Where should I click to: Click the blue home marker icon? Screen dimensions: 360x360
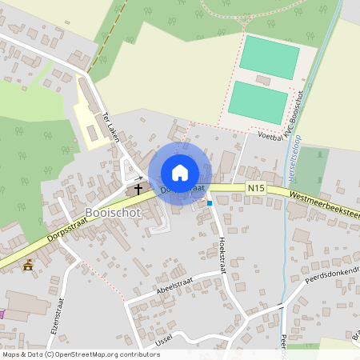180,173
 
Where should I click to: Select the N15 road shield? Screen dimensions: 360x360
255,188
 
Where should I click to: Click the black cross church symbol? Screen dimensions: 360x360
138,190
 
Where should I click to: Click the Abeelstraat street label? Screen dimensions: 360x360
177,285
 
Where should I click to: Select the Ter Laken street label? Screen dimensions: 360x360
110,127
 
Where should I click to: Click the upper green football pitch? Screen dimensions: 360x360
270,54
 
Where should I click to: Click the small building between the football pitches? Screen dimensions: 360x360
262,78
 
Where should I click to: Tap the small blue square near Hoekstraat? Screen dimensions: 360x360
210,203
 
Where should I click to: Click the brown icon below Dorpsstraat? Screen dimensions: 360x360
29,265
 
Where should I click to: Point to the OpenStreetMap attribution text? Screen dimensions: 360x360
80,354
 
